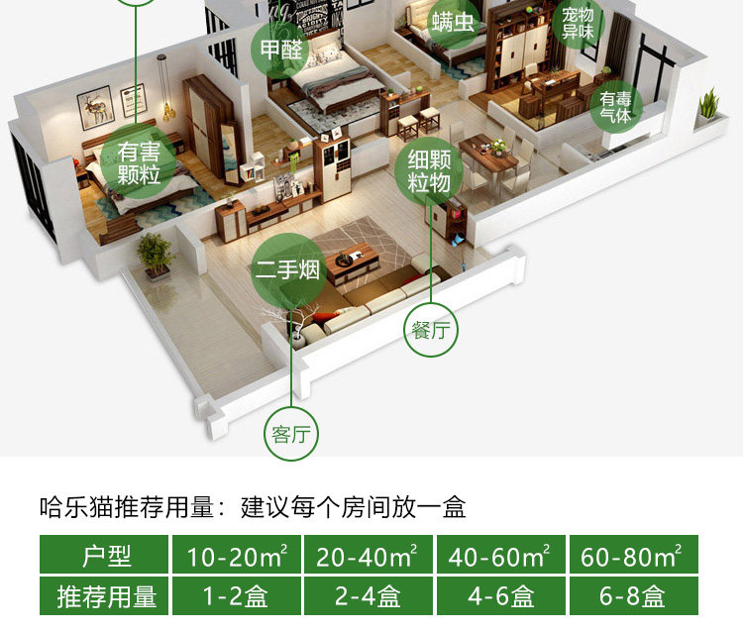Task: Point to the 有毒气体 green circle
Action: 615,107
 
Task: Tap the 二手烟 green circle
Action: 287,268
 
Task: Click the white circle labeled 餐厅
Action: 430,331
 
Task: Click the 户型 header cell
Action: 105,556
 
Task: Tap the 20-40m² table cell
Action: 369,556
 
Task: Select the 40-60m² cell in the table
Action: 500,556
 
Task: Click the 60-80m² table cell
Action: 632,556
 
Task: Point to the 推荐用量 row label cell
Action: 105,597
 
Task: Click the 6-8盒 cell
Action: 632,597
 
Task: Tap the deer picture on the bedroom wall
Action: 97,103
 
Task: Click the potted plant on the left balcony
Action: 155,254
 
